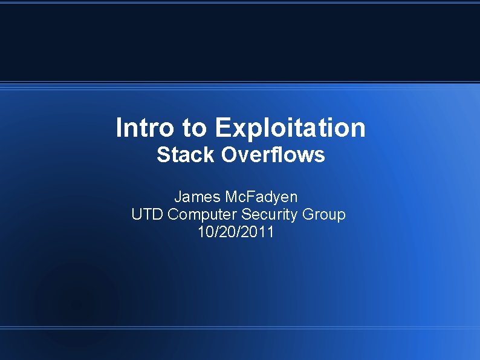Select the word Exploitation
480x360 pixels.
click(x=290, y=128)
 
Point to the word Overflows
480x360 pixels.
click(x=273, y=155)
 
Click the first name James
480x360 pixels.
click(x=197, y=197)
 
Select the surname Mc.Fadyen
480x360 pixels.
click(x=261, y=197)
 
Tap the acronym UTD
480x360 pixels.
click(x=148, y=214)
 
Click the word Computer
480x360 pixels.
click(x=203, y=214)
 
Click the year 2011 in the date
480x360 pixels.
click(x=259, y=232)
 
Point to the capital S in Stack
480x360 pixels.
click(x=163, y=155)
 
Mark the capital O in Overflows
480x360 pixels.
click(x=230, y=155)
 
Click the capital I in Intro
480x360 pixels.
click(x=119, y=128)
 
